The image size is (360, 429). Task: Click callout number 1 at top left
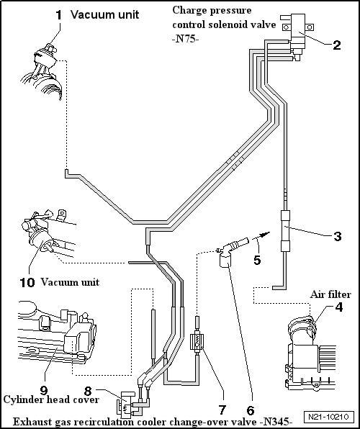59,15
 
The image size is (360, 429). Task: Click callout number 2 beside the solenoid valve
337,45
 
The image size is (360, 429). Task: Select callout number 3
338,236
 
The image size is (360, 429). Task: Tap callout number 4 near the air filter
339,307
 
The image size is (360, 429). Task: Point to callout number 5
257,260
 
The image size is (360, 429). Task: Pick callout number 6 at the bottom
251,410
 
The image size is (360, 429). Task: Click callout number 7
222,410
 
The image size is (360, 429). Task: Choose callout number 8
88,392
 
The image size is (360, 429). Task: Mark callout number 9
44,390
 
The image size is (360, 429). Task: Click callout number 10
27,282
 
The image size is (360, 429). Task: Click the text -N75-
185,39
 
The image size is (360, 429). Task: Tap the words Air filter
330,294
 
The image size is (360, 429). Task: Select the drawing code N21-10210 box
328,417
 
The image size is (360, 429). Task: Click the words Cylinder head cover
51,399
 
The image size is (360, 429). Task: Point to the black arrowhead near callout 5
264,234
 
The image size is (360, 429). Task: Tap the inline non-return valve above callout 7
197,342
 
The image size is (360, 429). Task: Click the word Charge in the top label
186,10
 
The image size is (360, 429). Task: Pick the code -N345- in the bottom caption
277,422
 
